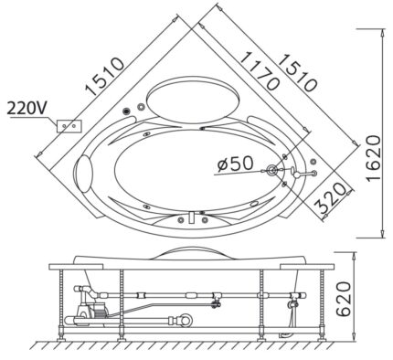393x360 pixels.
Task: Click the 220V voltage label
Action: [27, 108]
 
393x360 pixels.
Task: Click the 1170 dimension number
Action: [258, 68]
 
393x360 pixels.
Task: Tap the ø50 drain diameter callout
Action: [235, 164]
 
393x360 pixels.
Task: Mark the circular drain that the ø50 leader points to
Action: [272, 169]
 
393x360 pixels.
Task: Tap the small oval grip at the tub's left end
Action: [85, 172]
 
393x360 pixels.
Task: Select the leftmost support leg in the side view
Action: [65, 302]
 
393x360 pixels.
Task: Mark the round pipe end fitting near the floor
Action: [187, 321]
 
